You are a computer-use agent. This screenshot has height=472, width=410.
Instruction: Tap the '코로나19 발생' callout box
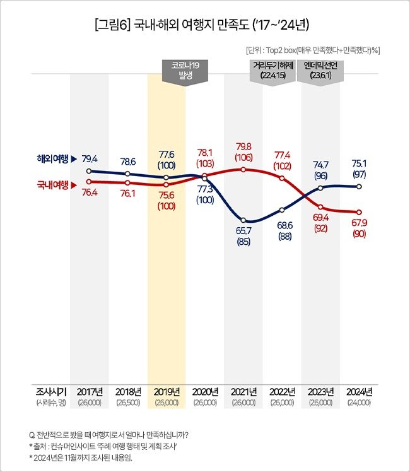click(185, 69)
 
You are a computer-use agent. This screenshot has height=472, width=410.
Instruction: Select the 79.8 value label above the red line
click(243, 147)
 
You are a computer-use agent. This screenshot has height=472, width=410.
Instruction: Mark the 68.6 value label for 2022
click(282, 225)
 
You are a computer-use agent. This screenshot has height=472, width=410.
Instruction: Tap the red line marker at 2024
click(359, 213)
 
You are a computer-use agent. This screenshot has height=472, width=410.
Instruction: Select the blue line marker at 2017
click(89, 171)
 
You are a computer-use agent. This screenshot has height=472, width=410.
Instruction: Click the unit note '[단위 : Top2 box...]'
click(317, 49)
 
